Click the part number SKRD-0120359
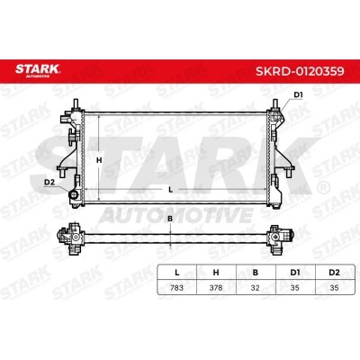(x=300, y=71)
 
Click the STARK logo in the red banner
(x=38, y=70)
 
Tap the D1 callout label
(x=298, y=95)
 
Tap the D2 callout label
(x=49, y=182)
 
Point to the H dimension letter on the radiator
(x=99, y=160)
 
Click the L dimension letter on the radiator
(x=170, y=190)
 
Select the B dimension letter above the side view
(x=170, y=219)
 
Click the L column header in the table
(x=177, y=273)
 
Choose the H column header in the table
(x=216, y=273)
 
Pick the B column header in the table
(x=256, y=273)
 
